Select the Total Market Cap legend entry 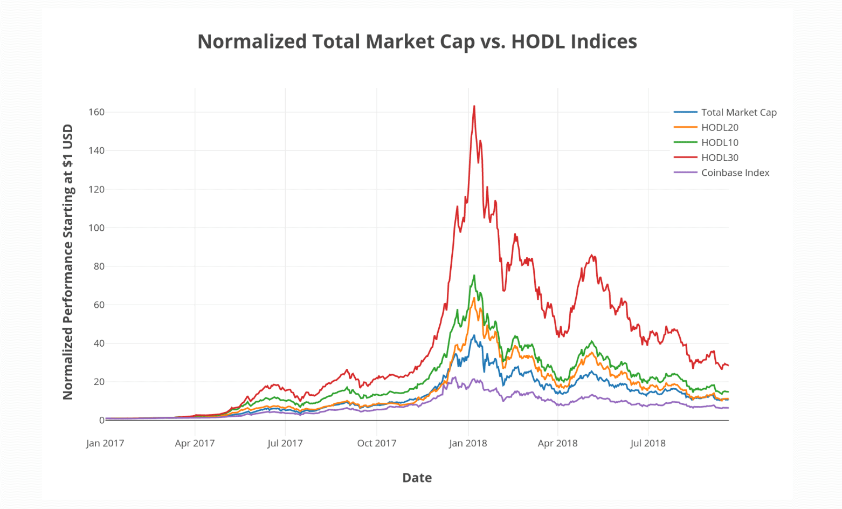(x=739, y=112)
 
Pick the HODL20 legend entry (x=720, y=127)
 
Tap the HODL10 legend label (x=720, y=142)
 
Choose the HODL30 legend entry (x=720, y=157)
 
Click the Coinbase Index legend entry (x=735, y=173)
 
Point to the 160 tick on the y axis (x=96, y=112)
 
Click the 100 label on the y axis (x=96, y=228)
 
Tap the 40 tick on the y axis (x=99, y=343)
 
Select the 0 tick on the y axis (x=101, y=420)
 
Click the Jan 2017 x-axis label (x=105, y=443)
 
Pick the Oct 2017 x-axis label (x=376, y=443)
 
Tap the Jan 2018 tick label (x=468, y=443)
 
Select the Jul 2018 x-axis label (x=648, y=443)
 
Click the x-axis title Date (x=417, y=478)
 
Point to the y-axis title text (x=68, y=262)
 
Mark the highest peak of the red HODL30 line (x=474, y=106)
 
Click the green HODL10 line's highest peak (x=474, y=276)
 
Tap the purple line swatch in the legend (x=685, y=173)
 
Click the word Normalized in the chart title (x=252, y=42)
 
